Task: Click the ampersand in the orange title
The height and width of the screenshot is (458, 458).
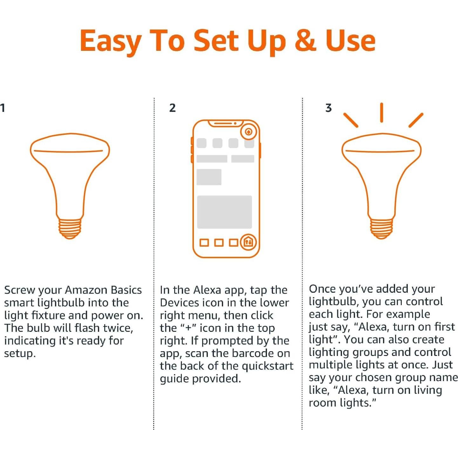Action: pos(305,41)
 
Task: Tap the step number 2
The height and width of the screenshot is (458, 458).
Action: pos(172,108)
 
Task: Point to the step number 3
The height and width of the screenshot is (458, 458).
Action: pos(328,108)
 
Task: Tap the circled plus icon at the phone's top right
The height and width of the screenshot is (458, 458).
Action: pos(249,132)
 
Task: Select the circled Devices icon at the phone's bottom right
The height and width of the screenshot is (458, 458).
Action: pos(248,243)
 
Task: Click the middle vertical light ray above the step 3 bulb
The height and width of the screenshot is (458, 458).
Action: pos(381,113)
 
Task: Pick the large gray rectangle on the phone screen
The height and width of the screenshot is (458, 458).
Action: pos(224,212)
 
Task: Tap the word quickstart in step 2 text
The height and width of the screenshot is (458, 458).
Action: pos(267,366)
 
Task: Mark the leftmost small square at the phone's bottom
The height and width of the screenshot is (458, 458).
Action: pos(204,243)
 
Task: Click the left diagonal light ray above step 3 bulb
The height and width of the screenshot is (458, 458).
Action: pos(351,120)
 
